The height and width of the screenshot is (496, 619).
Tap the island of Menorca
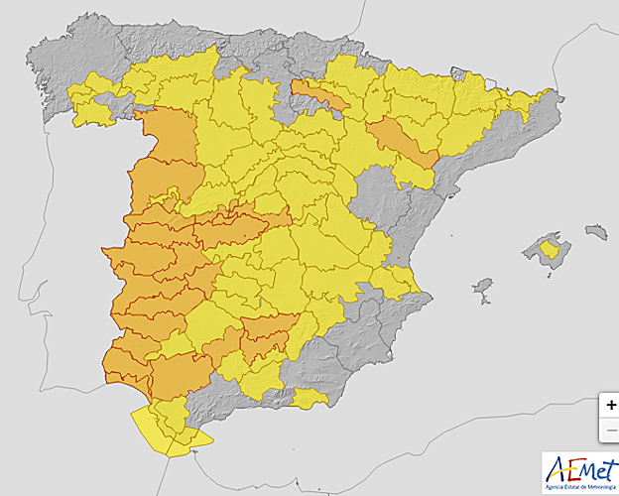pyautogui.click(x=595, y=232)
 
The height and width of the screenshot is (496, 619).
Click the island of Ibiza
pyautogui.click(x=483, y=289)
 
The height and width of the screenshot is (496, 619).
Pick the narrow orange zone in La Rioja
pyautogui.click(x=319, y=96)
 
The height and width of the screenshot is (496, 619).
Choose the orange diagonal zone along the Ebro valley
pyautogui.click(x=402, y=140)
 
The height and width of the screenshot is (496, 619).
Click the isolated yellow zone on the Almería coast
pyautogui.click(x=310, y=399)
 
